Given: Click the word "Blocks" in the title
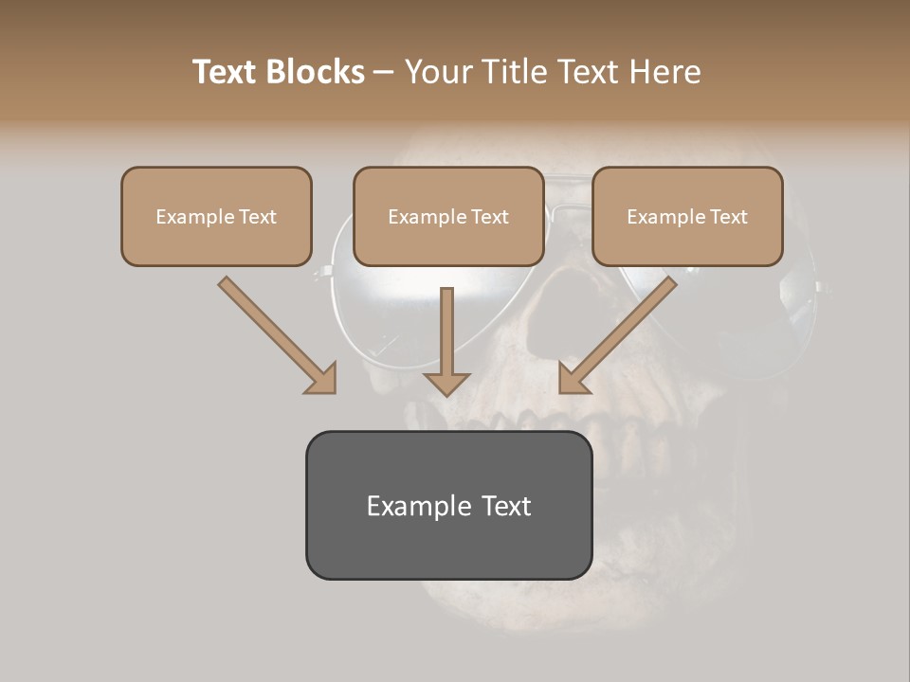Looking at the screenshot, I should (x=316, y=72).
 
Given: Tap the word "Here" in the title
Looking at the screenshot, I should (x=666, y=72).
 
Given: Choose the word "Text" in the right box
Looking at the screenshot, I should (x=728, y=217).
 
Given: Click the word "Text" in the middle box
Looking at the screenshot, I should (x=489, y=217).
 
